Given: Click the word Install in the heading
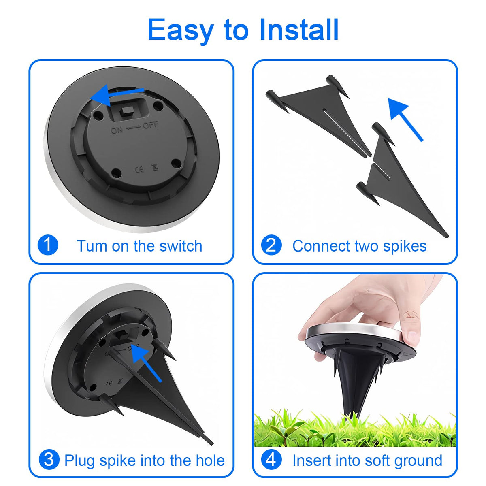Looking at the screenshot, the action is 299,30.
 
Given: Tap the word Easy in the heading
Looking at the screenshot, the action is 181,32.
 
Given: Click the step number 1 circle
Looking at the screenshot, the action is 48,245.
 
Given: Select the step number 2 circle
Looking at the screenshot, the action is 271,245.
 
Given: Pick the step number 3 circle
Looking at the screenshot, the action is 49,460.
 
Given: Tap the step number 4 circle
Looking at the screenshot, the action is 271,460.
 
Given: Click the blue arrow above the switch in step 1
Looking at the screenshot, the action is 117,95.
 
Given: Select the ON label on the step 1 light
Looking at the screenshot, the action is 117,130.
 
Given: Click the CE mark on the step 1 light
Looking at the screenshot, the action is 139,169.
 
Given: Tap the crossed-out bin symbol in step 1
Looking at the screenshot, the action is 155,167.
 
